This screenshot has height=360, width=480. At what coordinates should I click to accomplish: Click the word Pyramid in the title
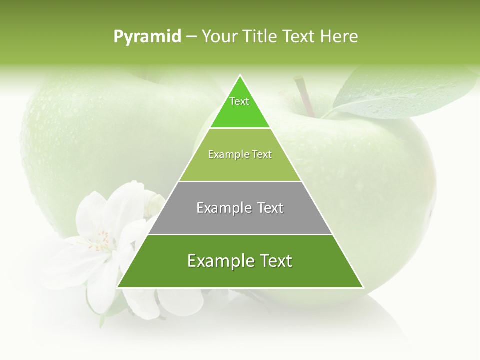pyautogui.click(x=147, y=37)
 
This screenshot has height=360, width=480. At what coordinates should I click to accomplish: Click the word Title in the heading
pyautogui.click(x=260, y=36)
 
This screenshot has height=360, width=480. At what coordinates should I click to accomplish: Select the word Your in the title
pyautogui.click(x=220, y=36)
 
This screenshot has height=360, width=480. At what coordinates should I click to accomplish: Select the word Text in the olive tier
pyautogui.click(x=262, y=154)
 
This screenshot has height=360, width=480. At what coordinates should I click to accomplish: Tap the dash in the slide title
pyautogui.click(x=191, y=37)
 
